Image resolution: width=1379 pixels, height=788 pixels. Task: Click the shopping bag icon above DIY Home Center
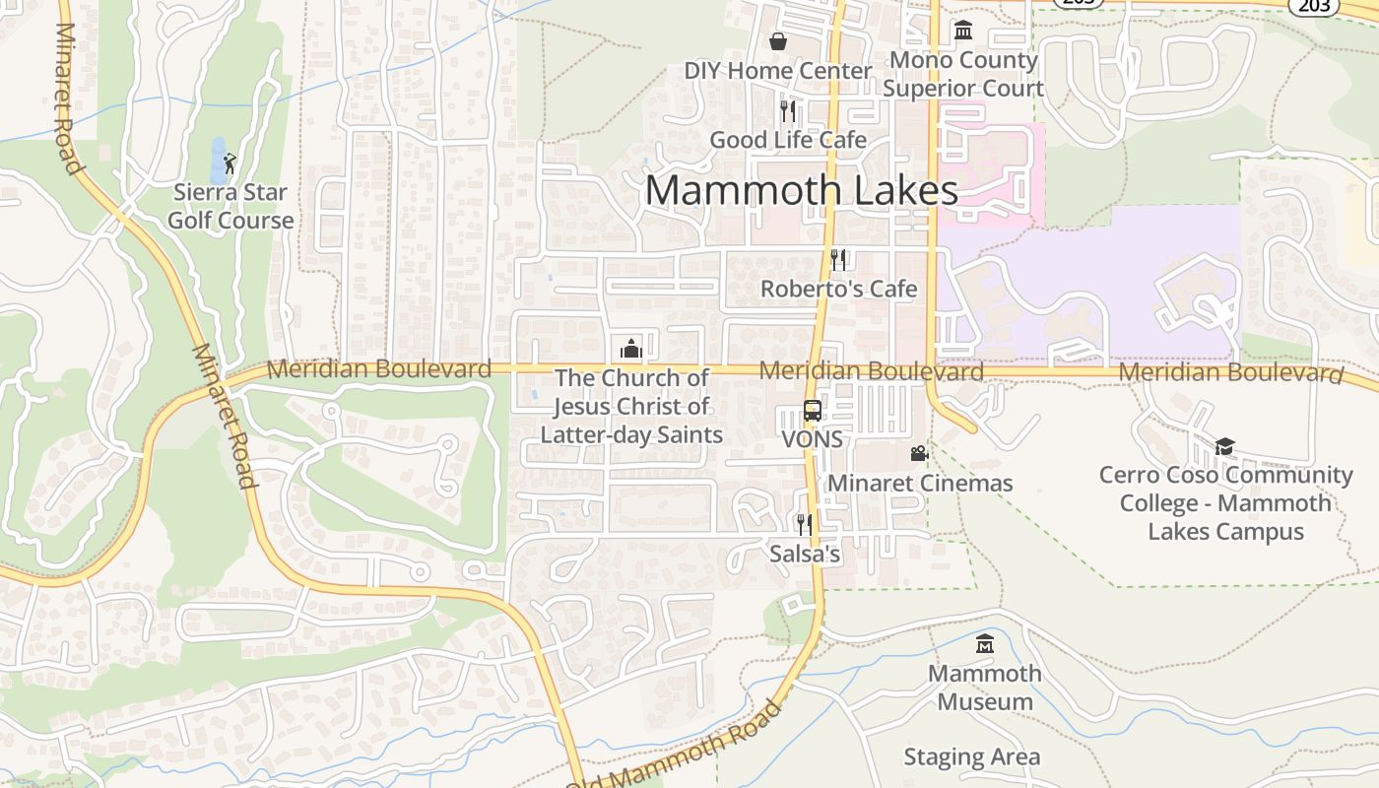[778, 41]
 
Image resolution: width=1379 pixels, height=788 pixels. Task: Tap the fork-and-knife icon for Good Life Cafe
[787, 110]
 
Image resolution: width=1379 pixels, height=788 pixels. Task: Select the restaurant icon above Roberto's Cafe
[838, 259]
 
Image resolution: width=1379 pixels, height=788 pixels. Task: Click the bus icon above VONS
[813, 411]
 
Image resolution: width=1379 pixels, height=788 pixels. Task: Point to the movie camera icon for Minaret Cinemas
[919, 454]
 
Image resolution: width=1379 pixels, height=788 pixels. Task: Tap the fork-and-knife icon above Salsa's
[805, 524]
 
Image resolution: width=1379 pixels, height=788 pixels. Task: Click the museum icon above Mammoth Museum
[984, 644]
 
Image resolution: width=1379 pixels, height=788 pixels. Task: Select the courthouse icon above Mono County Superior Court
[963, 31]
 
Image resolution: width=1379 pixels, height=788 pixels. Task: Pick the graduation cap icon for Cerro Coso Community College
[1224, 447]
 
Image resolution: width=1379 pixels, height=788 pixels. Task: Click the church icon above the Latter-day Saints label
[630, 349]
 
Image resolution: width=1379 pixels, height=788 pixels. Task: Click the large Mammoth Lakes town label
[802, 190]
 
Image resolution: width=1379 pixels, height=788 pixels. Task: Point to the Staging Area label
[971, 756]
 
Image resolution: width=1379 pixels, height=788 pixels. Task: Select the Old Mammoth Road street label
[680, 749]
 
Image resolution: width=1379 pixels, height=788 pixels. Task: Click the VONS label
[813, 439]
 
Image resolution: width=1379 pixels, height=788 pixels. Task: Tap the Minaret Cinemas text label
[920, 483]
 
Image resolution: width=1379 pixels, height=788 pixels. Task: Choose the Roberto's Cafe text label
[838, 289]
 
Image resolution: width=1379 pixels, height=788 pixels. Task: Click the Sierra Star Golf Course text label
[230, 206]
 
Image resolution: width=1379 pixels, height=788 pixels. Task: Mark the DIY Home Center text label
[778, 71]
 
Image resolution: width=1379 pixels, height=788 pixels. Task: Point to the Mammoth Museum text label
[984, 688]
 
